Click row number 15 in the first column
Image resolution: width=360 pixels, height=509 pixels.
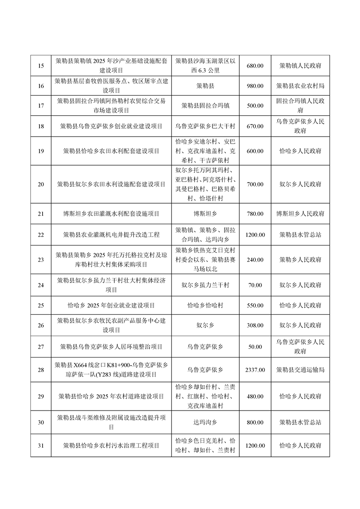[41, 66]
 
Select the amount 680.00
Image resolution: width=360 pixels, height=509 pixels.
[255, 66]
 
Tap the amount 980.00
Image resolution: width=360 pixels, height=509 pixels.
[255, 86]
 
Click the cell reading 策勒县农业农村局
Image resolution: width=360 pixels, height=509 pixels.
[300, 86]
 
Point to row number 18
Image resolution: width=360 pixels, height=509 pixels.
[41, 126]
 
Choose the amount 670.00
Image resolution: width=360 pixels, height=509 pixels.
[255, 126]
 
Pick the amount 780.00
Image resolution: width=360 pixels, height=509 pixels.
[255, 213]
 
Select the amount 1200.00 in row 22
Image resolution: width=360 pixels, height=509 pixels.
[255, 235]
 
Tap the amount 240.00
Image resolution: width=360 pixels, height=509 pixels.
[255, 259]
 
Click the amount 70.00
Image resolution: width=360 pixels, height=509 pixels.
[255, 285]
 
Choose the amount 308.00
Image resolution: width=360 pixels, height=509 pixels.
[255, 325]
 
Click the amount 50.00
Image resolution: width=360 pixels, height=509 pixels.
[255, 347]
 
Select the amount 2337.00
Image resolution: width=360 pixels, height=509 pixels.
[255, 370]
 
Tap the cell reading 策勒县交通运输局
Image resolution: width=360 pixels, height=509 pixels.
[300, 370]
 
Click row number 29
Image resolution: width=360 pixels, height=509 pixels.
[41, 396]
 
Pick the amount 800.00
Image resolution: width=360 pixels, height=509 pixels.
[255, 422]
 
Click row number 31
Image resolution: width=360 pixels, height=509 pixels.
[41, 445]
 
